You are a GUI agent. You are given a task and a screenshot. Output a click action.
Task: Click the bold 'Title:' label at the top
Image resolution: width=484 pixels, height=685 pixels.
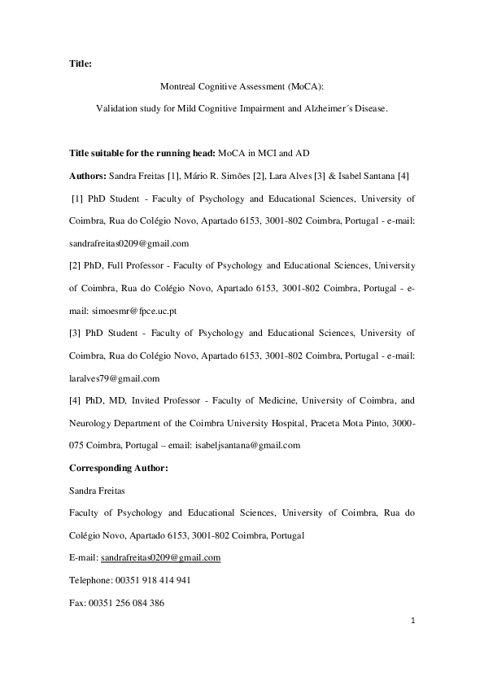pos(80,62)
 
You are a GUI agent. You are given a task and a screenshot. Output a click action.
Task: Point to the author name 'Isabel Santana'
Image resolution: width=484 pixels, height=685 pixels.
pos(364,175)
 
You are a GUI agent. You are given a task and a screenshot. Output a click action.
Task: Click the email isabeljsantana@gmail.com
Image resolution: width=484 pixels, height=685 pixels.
pos(247,445)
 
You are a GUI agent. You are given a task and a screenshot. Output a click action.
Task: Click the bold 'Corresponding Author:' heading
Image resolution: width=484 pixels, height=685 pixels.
pos(118,468)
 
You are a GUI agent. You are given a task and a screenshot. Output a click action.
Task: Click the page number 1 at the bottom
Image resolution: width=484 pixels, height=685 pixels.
pos(413,621)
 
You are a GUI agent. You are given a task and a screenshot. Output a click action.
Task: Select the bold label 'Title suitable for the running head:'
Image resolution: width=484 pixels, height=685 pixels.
pos(130,152)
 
